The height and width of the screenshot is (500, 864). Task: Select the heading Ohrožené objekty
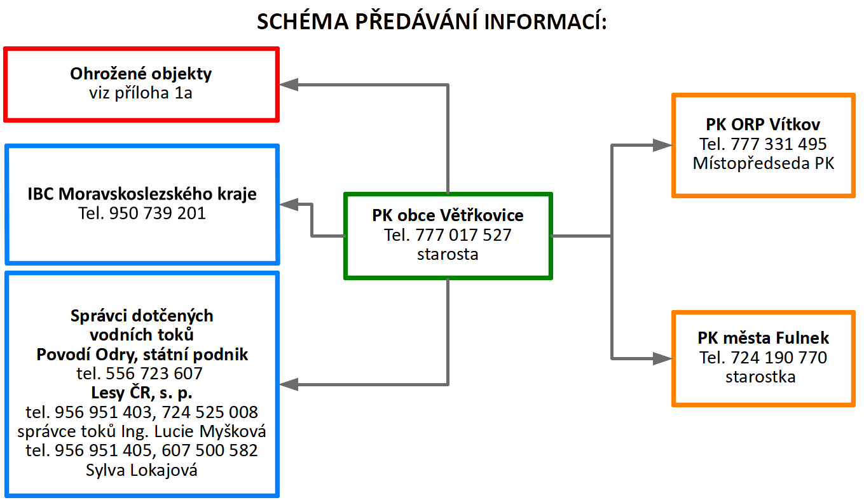click(x=141, y=74)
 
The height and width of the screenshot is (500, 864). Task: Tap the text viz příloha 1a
click(x=141, y=93)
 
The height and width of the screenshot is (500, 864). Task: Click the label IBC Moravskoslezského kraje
click(x=142, y=194)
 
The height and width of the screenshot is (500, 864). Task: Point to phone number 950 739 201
click(x=158, y=213)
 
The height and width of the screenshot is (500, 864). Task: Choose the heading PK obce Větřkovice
click(x=448, y=215)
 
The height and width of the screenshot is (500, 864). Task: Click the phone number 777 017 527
click(x=463, y=235)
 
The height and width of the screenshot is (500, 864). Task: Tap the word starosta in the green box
click(x=448, y=254)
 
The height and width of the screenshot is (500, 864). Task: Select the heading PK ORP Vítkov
click(x=763, y=125)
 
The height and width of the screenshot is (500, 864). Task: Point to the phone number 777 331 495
click(x=779, y=144)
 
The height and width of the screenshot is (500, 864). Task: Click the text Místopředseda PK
click(x=764, y=163)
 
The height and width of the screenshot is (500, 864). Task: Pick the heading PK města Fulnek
click(x=764, y=338)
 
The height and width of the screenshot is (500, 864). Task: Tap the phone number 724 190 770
click(x=779, y=358)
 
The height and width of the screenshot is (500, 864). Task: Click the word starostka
click(x=760, y=377)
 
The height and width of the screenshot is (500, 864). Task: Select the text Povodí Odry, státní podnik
click(x=142, y=355)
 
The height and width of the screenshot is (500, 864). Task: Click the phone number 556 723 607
click(x=154, y=374)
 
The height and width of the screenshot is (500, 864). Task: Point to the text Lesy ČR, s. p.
click(x=142, y=393)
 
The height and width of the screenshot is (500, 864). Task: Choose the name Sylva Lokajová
click(x=142, y=470)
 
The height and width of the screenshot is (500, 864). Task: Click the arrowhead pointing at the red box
click(x=289, y=84)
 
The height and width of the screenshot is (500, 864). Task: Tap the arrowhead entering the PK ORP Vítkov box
click(x=662, y=145)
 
